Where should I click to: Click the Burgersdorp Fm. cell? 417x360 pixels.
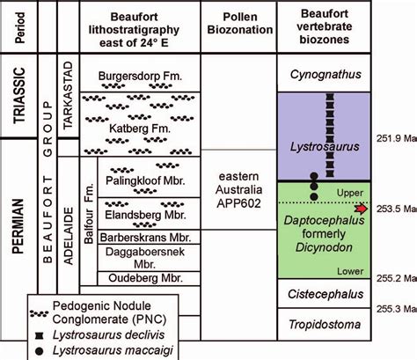pyautogui.click(x=141, y=77)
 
